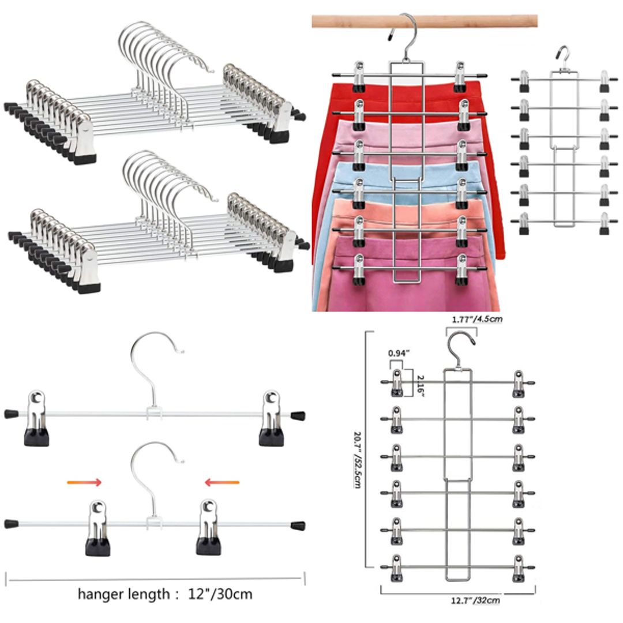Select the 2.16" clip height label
[420, 383]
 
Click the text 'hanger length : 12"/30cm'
[165, 594]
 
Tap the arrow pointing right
[84, 482]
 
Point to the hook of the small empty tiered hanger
[562, 55]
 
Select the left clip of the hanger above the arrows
[36, 418]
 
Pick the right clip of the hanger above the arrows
[271, 418]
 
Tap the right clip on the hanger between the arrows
[208, 527]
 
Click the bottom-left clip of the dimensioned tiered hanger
[396, 568]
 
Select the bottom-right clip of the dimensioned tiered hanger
[518, 568]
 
